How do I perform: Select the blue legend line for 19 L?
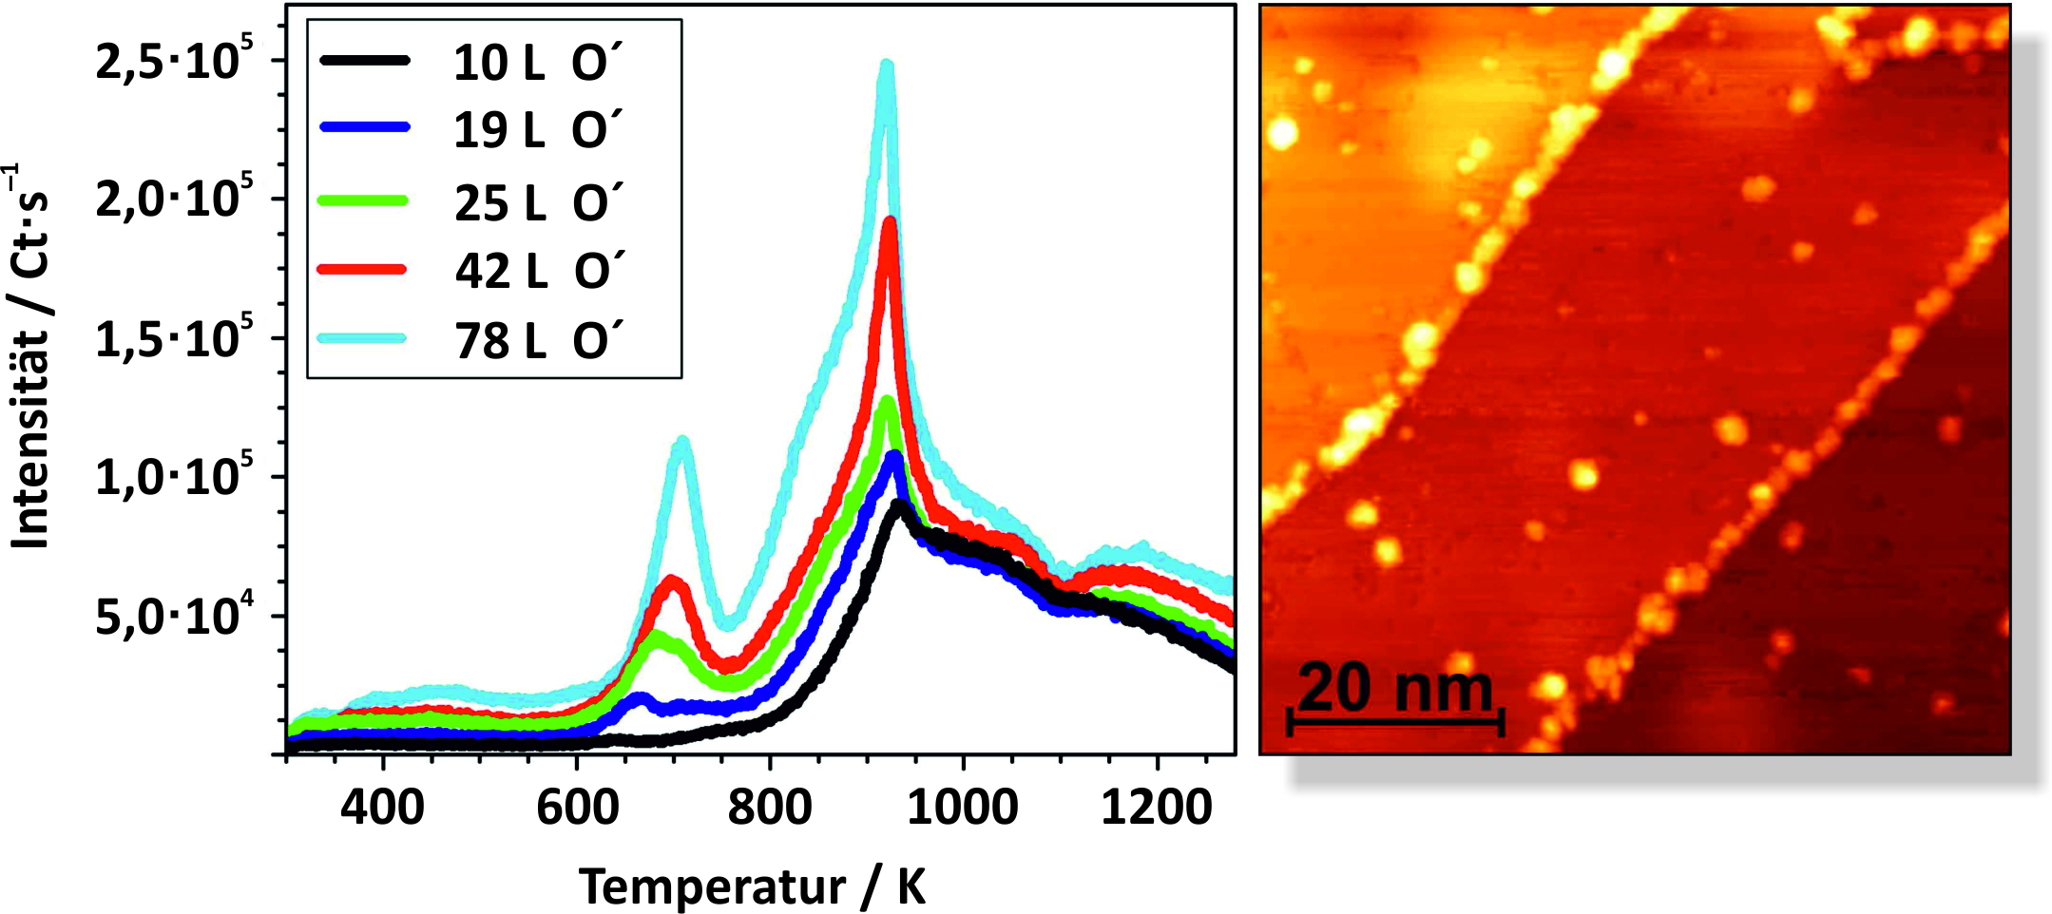365,126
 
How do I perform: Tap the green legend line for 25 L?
365,200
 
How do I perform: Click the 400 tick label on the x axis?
382,808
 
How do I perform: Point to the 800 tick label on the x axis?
770,808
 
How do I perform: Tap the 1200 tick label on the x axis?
1157,808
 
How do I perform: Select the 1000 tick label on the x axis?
963,808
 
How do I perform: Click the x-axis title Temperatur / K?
752,886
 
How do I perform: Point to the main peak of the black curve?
897,505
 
